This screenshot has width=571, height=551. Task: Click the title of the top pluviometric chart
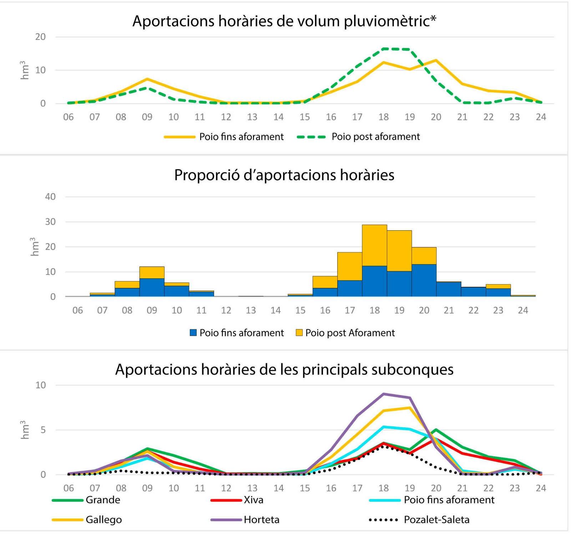click(x=284, y=21)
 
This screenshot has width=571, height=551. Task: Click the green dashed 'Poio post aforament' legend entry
click(x=358, y=137)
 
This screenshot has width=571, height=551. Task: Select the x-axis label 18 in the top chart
click(x=383, y=117)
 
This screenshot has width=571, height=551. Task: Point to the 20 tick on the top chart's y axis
click(x=40, y=37)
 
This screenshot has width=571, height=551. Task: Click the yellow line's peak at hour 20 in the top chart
click(x=436, y=60)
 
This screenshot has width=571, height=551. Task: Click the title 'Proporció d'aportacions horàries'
click(x=284, y=175)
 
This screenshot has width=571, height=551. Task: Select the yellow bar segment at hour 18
click(x=374, y=245)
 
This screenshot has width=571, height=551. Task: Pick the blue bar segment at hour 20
click(x=424, y=280)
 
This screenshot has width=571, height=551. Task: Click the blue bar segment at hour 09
click(x=152, y=287)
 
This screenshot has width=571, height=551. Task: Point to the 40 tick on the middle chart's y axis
click(x=50, y=197)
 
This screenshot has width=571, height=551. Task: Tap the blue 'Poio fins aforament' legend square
click(x=193, y=333)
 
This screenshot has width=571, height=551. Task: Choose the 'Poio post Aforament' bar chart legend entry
click(x=345, y=333)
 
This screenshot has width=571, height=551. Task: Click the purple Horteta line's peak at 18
click(x=384, y=394)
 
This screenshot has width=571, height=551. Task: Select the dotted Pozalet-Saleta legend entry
click(x=419, y=520)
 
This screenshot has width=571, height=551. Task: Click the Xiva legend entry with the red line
click(x=237, y=500)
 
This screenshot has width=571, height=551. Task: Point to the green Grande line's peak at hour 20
click(x=436, y=430)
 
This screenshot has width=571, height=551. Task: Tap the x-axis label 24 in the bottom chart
click(x=541, y=488)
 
